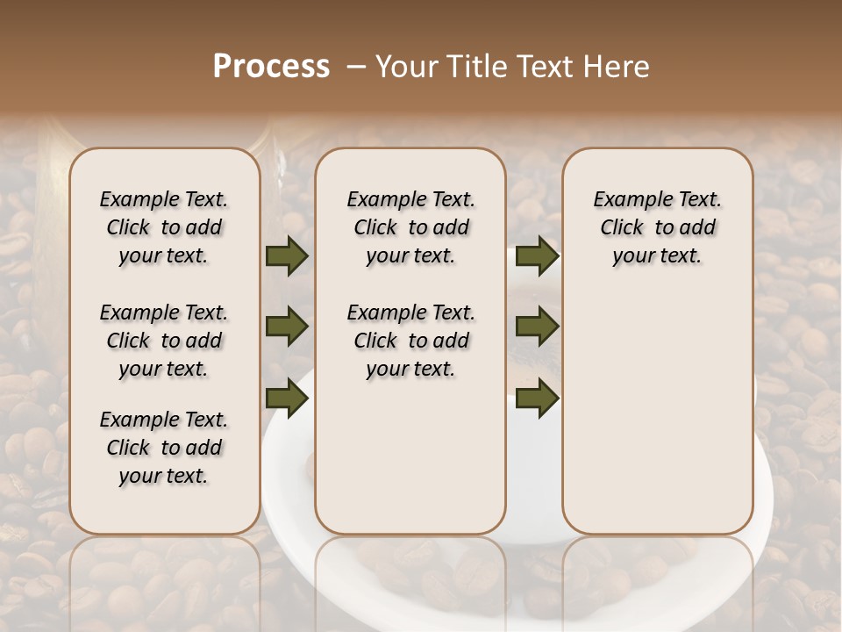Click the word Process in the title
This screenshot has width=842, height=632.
[x=271, y=67]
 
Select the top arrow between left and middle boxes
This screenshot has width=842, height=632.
[x=287, y=256]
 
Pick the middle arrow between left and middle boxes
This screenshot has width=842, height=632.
[x=287, y=327]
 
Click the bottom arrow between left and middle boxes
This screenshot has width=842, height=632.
[x=287, y=398]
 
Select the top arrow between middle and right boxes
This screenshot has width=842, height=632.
[x=537, y=256]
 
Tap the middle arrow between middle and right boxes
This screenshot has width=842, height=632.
[x=537, y=327]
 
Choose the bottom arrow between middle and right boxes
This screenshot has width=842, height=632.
[x=537, y=398]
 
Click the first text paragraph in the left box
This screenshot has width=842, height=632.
[x=164, y=227]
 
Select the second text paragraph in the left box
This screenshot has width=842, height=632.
[x=164, y=341]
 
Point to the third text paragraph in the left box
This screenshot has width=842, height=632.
[x=164, y=448]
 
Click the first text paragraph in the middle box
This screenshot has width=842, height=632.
[x=410, y=227]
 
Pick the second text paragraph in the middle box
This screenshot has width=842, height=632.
[x=410, y=341]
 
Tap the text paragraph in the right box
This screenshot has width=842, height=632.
[x=657, y=227]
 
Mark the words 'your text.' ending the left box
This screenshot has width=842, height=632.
[x=164, y=476]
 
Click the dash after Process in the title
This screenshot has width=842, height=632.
[x=356, y=67]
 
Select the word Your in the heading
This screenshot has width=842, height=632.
[x=407, y=67]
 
